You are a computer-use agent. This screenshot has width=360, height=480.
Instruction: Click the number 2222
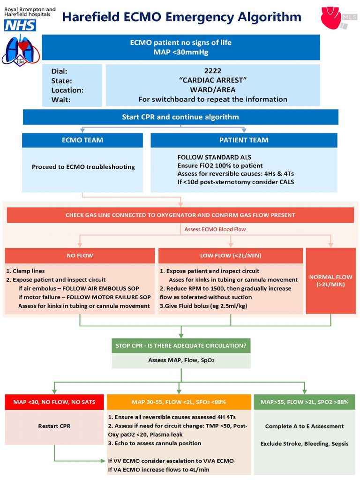tap(213, 71)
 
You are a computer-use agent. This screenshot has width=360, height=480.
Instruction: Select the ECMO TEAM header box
tap(82, 140)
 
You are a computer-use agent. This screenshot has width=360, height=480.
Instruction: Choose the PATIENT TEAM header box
tap(244, 140)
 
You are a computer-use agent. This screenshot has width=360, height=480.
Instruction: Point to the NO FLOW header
tap(80, 255)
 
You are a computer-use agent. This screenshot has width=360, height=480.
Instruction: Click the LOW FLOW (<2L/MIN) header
tap(230, 255)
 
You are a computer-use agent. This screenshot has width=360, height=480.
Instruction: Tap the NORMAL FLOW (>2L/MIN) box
tap(331, 280)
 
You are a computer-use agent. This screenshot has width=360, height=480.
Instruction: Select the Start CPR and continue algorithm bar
tap(180, 117)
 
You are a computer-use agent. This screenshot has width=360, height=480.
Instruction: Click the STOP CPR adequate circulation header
tap(180, 346)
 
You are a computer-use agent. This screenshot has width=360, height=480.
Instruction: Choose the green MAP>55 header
tap(304, 402)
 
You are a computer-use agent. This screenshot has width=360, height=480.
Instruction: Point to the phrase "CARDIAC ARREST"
tap(213, 80)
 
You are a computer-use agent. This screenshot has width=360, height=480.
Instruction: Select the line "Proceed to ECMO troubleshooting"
tap(83, 167)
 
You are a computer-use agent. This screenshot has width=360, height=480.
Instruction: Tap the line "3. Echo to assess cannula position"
tap(155, 443)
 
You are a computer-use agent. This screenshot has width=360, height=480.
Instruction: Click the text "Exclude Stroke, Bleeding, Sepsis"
tap(304, 443)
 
